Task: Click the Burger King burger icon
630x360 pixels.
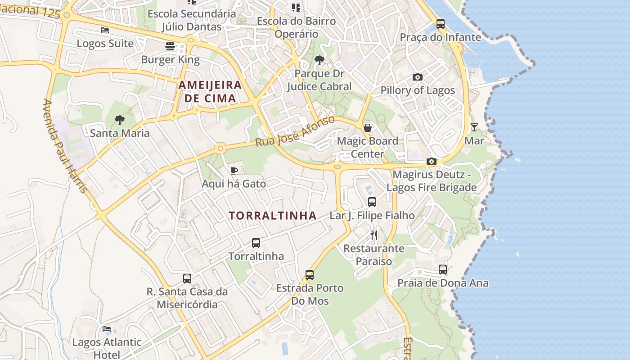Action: [170, 46]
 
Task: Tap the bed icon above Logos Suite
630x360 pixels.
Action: [105, 30]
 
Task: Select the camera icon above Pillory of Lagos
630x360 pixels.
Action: [418, 77]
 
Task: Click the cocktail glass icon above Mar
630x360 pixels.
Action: [474, 127]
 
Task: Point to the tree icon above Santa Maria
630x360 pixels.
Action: [119, 120]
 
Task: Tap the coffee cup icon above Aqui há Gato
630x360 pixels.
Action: [234, 171]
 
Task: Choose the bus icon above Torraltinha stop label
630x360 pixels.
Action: [256, 243]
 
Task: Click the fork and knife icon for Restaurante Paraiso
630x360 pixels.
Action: [374, 235]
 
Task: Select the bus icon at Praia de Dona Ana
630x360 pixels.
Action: [443, 270]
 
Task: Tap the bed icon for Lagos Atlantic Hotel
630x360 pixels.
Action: [107, 329]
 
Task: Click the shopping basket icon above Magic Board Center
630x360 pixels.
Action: [368, 128]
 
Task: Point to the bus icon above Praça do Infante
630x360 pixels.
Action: [441, 23]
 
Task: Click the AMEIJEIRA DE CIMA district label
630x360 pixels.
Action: [210, 91]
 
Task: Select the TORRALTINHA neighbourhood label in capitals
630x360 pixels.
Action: [273, 216]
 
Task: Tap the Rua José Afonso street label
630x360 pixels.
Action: [295, 131]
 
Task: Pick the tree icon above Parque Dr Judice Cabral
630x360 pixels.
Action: [319, 60]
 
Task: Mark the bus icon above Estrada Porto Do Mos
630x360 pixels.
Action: [310, 274]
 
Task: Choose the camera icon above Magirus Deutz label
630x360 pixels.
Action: [431, 161]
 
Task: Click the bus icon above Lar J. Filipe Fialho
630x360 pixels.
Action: [372, 202]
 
